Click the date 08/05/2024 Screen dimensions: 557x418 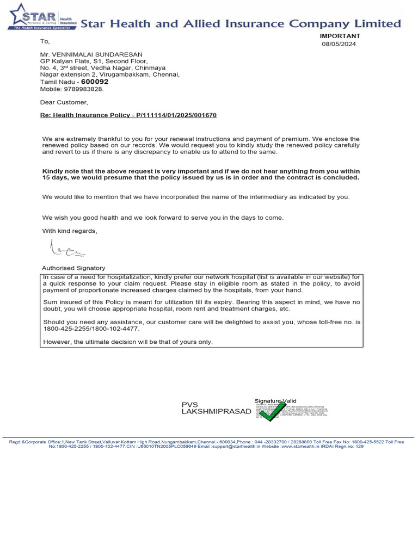339,44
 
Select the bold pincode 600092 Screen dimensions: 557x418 95,82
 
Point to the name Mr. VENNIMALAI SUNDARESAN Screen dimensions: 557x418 91,54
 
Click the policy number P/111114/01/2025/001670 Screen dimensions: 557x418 174,116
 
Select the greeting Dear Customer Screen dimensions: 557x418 64,102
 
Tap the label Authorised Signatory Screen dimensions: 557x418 73,268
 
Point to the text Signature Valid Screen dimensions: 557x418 275,401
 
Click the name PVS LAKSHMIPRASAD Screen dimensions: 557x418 216,408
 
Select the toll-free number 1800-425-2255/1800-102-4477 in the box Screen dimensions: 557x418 91,329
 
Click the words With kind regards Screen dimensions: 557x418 70,231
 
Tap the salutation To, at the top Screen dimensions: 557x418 45,41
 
